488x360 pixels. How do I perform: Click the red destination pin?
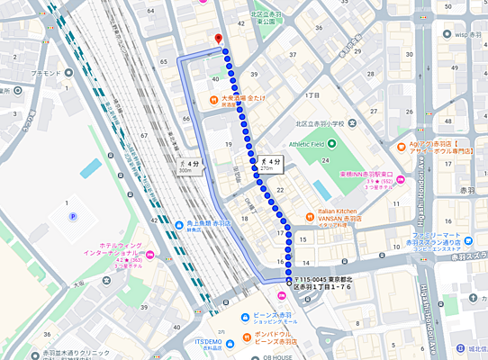pos(218,38)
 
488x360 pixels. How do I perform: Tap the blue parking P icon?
pos(73,217)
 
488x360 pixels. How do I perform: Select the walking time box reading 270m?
pos(267,163)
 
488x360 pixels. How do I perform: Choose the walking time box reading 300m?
pos(186,165)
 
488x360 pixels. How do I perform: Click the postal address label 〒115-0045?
pos(329,283)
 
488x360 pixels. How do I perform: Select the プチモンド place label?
pos(45,71)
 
